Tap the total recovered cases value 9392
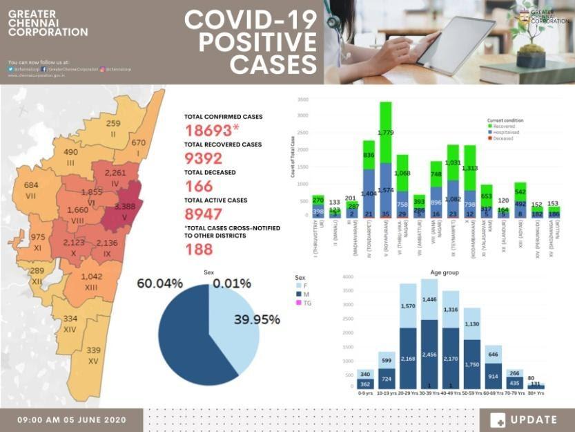pyautogui.click(x=204, y=158)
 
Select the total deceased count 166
pyautogui.click(x=199, y=186)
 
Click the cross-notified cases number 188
pyautogui.click(x=199, y=250)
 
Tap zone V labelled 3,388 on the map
pyautogui.click(x=130, y=205)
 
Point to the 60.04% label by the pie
pyautogui.click(x=159, y=283)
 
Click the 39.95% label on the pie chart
pyautogui.click(x=257, y=319)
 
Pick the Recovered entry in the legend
pyautogui.click(x=503, y=126)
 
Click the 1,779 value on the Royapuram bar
pyautogui.click(x=386, y=132)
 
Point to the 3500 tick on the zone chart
pyautogui.click(x=303, y=100)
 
